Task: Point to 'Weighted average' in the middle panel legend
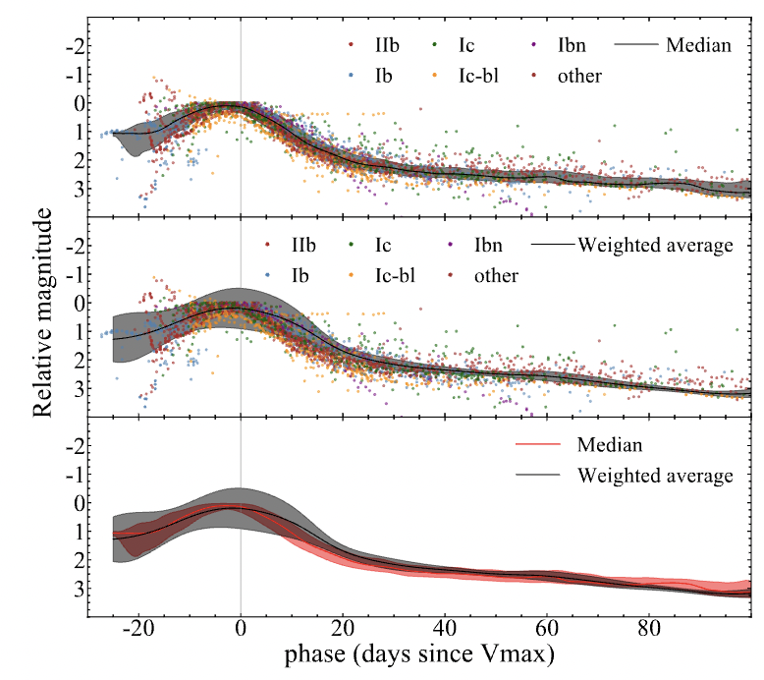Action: (655, 245)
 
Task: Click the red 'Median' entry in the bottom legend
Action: (610, 445)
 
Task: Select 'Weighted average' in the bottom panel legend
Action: (655, 476)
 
